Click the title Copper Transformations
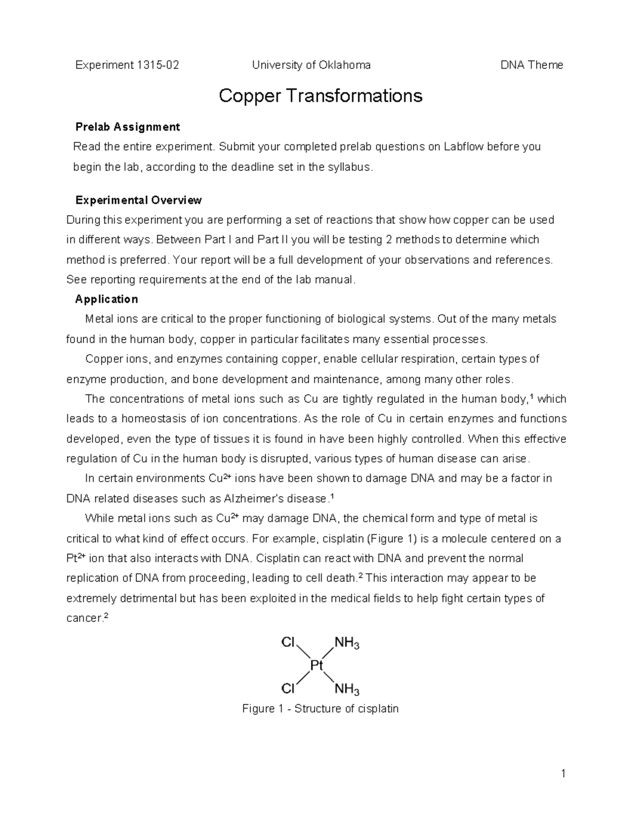(x=320, y=96)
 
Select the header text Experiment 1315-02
(x=127, y=65)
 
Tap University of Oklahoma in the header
(x=311, y=65)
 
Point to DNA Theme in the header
(x=531, y=65)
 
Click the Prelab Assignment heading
(x=127, y=127)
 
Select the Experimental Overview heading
(x=138, y=200)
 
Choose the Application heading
(x=106, y=299)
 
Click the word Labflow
(x=464, y=147)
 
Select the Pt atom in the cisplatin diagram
(x=317, y=665)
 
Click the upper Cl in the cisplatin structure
(x=288, y=642)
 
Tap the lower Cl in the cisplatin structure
(x=288, y=688)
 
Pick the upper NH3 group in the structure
(x=347, y=643)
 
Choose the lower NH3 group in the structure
(x=347, y=689)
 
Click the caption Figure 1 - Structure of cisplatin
(x=320, y=709)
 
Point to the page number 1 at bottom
(x=563, y=773)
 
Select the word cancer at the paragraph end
(x=83, y=619)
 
